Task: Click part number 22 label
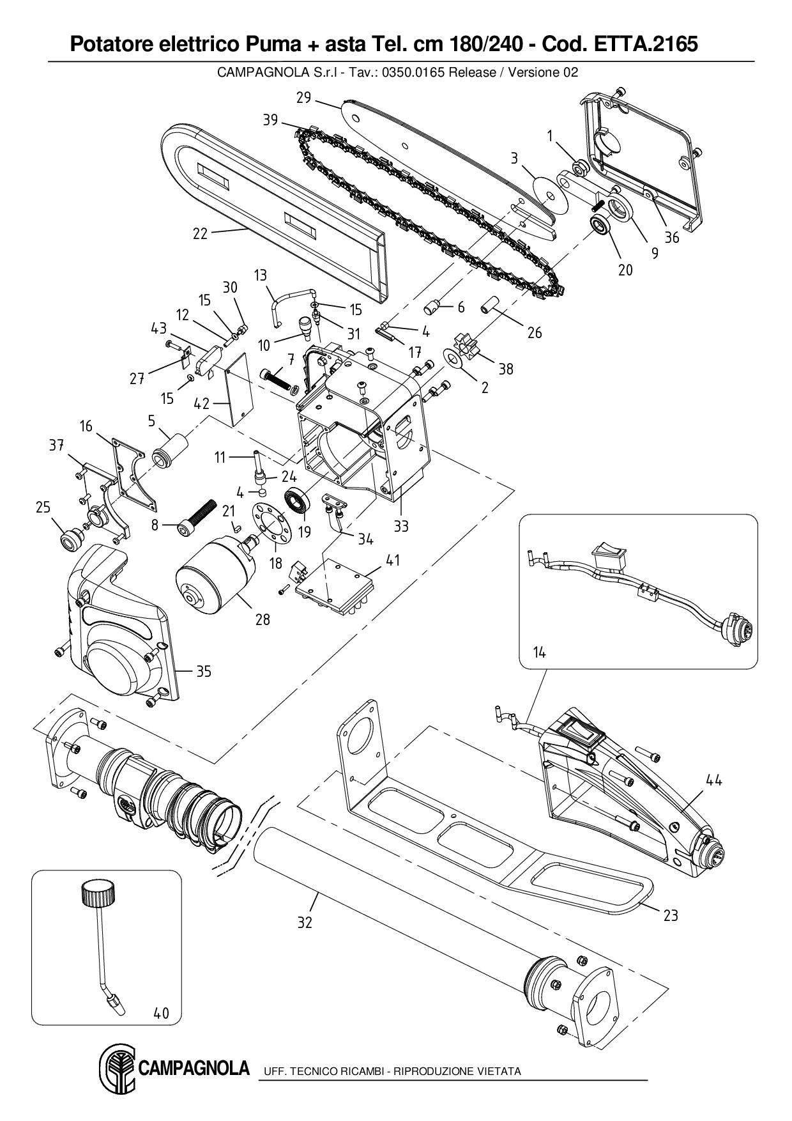click(x=200, y=234)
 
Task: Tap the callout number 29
click(x=303, y=98)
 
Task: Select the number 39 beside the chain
click(x=270, y=120)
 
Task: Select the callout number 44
click(x=713, y=780)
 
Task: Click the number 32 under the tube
click(x=305, y=922)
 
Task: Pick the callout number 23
click(x=671, y=915)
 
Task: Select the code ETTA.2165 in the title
click(x=646, y=44)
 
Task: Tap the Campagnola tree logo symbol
click(x=116, y=1070)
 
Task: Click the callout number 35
click(x=203, y=671)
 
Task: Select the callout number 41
click(x=393, y=560)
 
